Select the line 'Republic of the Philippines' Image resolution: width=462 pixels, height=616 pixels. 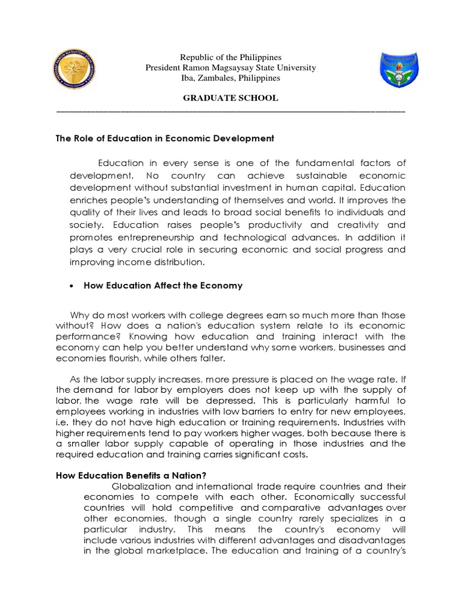pyautogui.click(x=230, y=57)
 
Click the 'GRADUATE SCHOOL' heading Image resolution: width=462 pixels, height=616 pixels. pyautogui.click(x=230, y=98)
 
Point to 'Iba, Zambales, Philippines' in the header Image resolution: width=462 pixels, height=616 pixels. pyautogui.click(x=230, y=78)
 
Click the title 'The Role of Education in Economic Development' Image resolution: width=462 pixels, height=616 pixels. pyautogui.click(x=165, y=138)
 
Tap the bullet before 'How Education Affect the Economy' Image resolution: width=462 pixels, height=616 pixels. pyautogui.click(x=72, y=286)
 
